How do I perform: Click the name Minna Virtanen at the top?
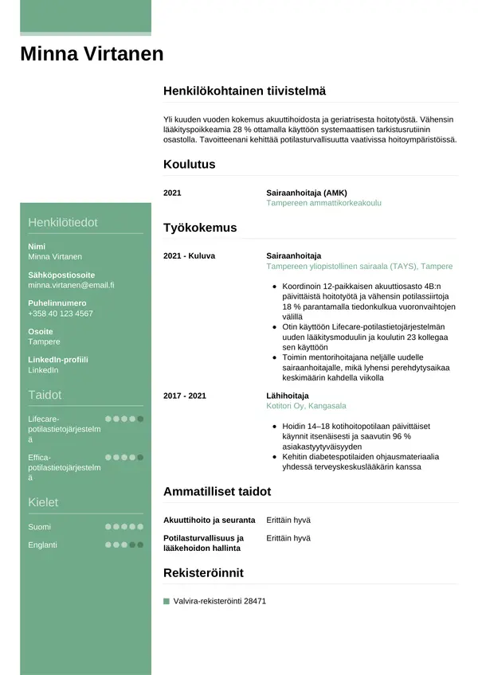point(92,54)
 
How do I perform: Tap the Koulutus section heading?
point(189,164)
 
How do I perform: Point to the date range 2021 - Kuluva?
point(189,256)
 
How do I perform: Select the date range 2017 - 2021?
point(184,395)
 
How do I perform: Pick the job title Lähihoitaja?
point(287,395)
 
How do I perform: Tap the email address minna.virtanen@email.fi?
point(71,285)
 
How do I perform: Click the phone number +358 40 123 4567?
point(60,314)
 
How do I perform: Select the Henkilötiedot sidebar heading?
point(63,222)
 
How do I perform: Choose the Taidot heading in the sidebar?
point(45,395)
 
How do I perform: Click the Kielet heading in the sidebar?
point(43,502)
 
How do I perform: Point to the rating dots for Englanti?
point(124,544)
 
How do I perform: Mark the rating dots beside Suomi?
point(124,527)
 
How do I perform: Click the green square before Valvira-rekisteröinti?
point(167,602)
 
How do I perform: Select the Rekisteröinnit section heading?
point(203,573)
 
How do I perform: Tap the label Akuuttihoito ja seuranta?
point(209,520)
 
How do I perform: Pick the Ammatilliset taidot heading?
point(217,491)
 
